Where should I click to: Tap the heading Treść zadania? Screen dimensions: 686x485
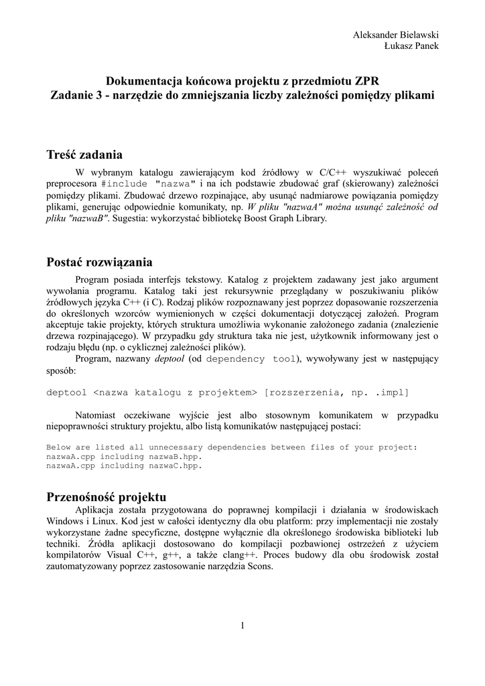(x=85, y=155)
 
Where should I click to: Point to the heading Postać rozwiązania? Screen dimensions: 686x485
(x=100, y=262)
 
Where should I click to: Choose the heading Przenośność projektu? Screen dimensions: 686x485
(x=107, y=497)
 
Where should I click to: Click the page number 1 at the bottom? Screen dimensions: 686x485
(x=242, y=626)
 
